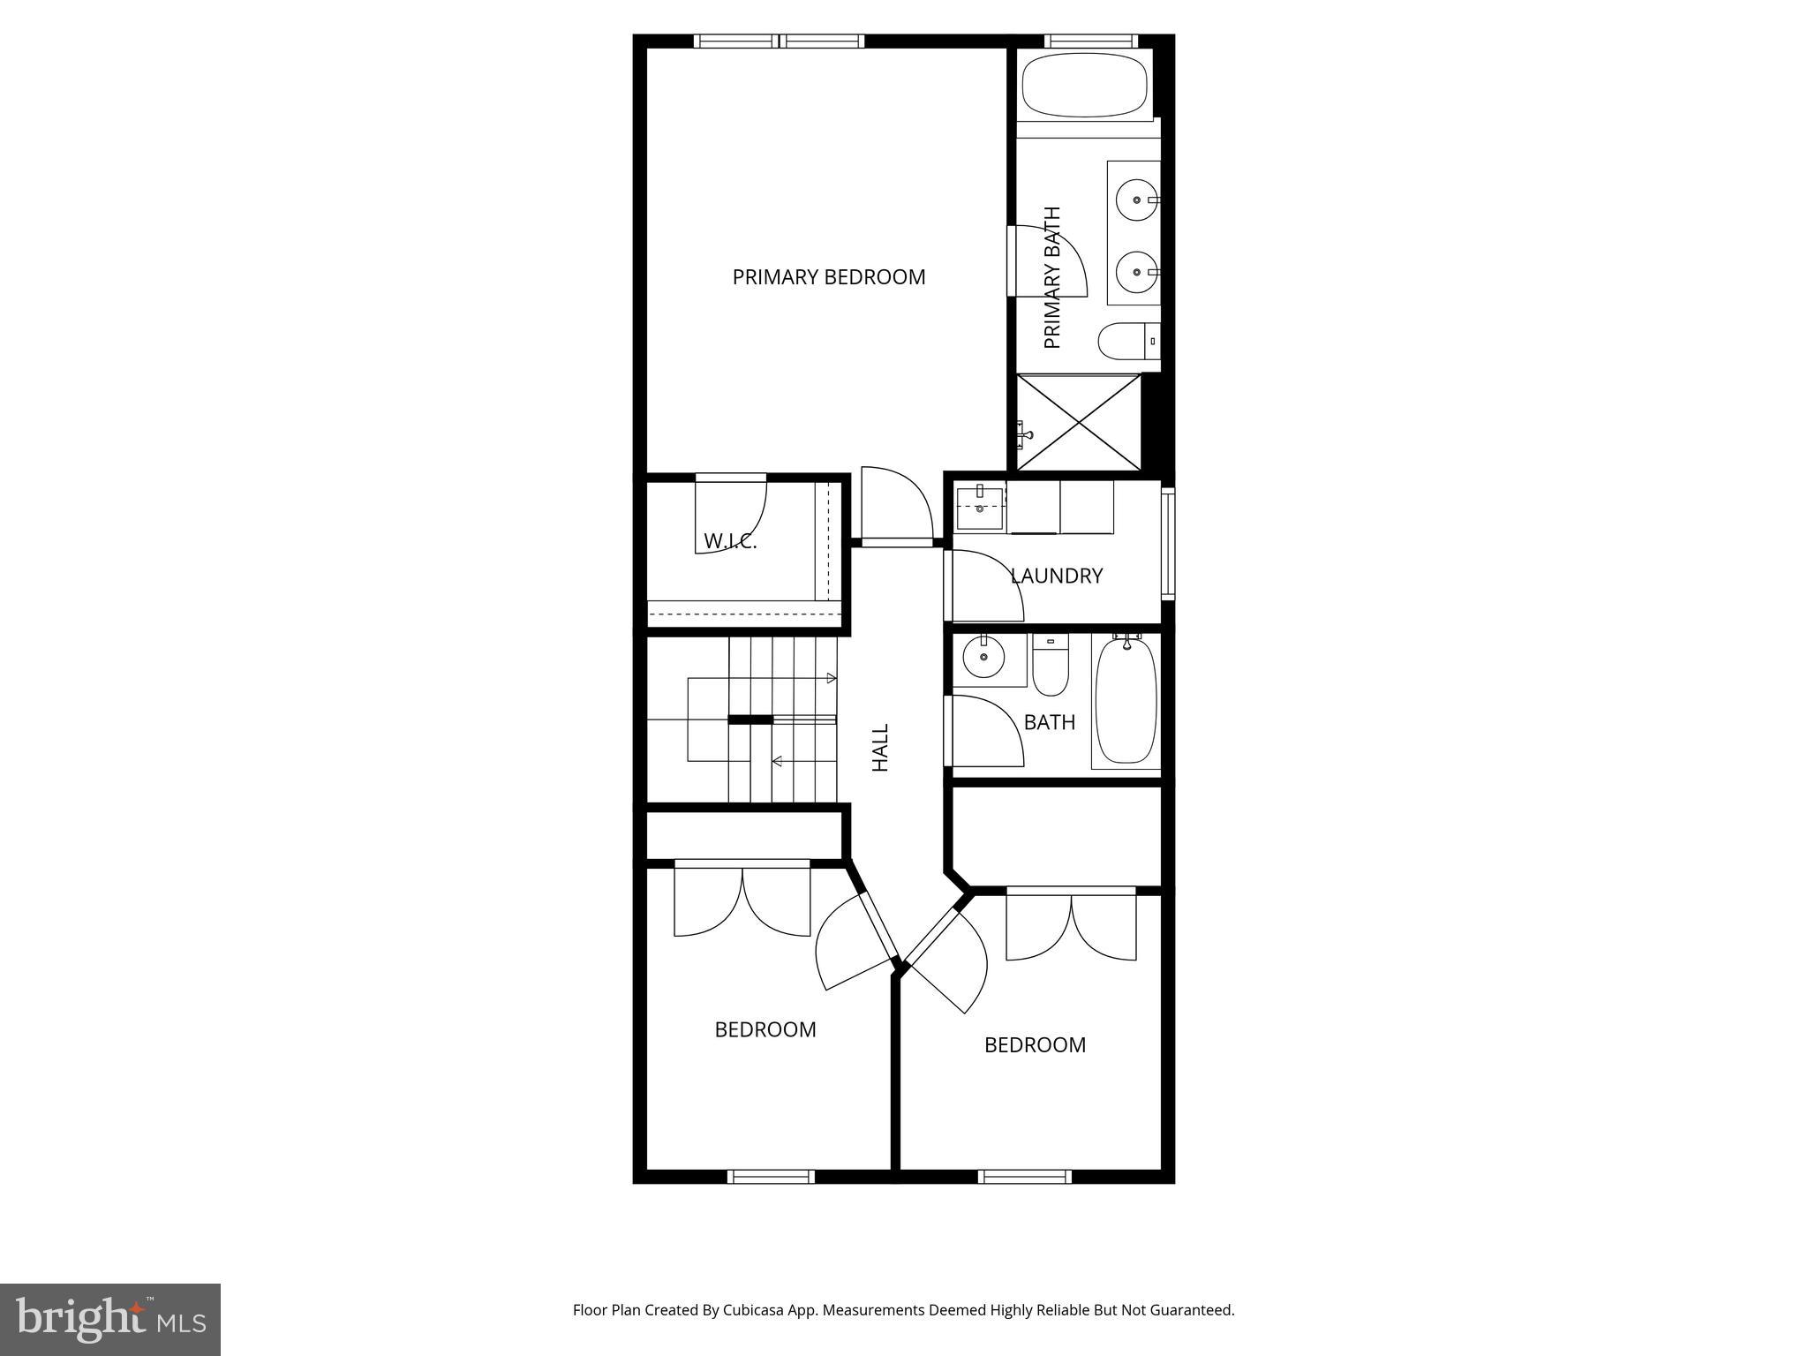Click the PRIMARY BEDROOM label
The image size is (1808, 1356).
(x=828, y=277)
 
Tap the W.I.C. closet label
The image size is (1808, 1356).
(x=730, y=541)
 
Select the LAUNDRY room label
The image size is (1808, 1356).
(x=1056, y=576)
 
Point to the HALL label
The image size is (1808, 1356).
(x=880, y=748)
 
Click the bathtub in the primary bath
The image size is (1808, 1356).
(x=1084, y=85)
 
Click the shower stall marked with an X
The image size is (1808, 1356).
(x=1079, y=422)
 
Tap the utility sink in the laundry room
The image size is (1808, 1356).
(x=980, y=508)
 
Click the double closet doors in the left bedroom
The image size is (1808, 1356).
(x=742, y=900)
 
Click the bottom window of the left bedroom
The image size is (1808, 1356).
(x=771, y=1176)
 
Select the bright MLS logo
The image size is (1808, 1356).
(x=110, y=1319)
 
